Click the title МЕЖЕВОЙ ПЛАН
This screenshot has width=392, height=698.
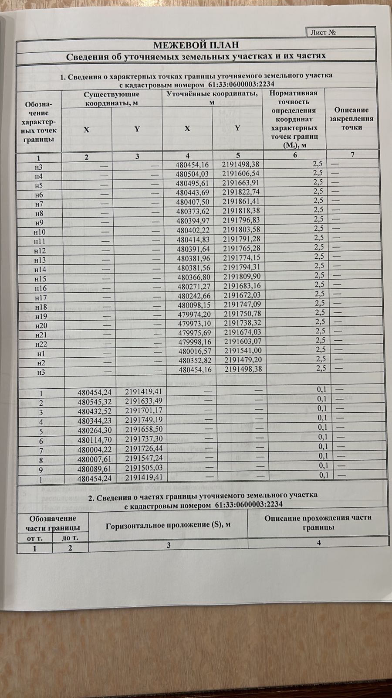pyautogui.click(x=196, y=45)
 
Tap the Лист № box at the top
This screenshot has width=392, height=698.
pyautogui.click(x=341, y=32)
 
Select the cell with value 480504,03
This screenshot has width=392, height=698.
pyautogui.click(x=192, y=174)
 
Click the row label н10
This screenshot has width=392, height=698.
pyautogui.click(x=39, y=232)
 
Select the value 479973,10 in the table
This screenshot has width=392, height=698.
pyautogui.click(x=193, y=323)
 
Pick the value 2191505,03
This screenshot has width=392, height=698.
pyautogui.click(x=143, y=468)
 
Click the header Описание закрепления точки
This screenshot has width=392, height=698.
pyautogui.click(x=351, y=119)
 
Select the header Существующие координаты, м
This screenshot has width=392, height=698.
pyautogui.click(x=112, y=99)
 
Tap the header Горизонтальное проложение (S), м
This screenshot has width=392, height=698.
pyautogui.click(x=168, y=525)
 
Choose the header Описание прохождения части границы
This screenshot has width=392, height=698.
pyautogui.click(x=318, y=522)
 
